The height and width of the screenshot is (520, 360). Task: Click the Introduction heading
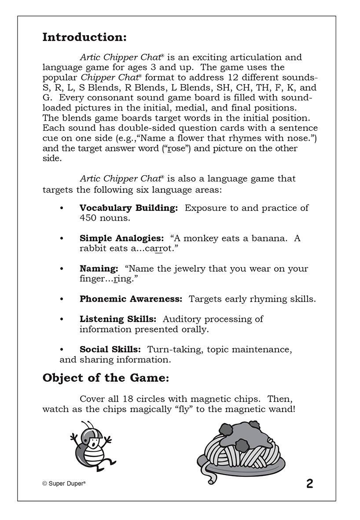pyautogui.click(x=84, y=37)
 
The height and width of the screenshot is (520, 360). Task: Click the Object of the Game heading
pyautogui.click(x=106, y=378)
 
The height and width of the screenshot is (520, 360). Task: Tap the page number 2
pyautogui.click(x=310, y=483)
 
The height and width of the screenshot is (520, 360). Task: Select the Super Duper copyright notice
pyautogui.click(x=64, y=483)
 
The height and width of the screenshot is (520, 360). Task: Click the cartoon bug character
pyautogui.click(x=91, y=446)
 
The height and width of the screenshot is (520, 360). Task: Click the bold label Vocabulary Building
pyautogui.click(x=129, y=208)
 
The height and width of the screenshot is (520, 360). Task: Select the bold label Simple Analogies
pyautogui.click(x=121, y=238)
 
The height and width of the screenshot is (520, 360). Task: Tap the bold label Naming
pyautogui.click(x=99, y=269)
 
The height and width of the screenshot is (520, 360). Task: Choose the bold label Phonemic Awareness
pyautogui.click(x=131, y=299)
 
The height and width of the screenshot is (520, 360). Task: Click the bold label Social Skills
pyautogui.click(x=110, y=350)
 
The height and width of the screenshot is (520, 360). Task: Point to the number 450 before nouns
pyautogui.click(x=88, y=218)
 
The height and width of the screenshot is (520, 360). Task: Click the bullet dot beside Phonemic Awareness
pyautogui.click(x=62, y=299)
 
